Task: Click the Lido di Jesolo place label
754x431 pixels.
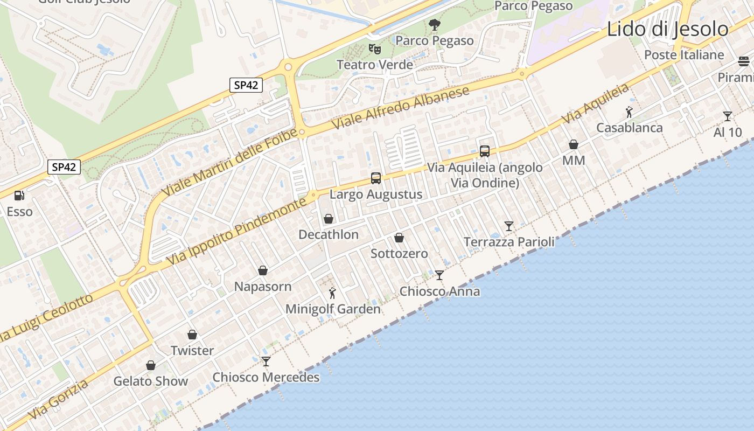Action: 667,29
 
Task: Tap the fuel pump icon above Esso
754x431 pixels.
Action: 19,195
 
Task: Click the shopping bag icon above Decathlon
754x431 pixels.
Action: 329,219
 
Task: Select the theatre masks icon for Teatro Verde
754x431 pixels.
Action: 375,49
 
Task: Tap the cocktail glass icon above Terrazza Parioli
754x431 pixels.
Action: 509,226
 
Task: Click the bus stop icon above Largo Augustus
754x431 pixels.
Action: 376,178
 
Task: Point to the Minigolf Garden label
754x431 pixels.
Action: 333,309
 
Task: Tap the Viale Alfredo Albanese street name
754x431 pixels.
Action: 401,107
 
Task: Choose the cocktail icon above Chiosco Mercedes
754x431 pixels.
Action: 266,361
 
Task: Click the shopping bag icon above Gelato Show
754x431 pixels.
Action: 151,365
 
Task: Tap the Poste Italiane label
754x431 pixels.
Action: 684,55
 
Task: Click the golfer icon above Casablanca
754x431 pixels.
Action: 629,112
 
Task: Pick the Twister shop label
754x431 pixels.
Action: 192,351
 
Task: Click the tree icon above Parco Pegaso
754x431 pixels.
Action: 434,25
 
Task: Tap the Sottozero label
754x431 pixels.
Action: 399,254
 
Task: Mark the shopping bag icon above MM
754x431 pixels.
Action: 574,144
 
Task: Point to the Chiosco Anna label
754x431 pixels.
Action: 439,291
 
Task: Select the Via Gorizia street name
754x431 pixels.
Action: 58,400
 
